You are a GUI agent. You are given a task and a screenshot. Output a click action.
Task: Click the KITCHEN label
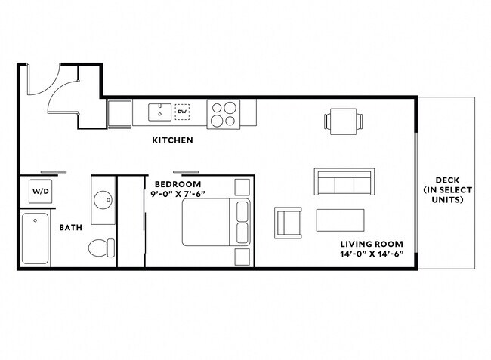(172, 140)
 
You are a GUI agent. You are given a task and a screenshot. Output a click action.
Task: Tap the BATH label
(71, 226)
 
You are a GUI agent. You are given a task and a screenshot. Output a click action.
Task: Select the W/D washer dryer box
(40, 191)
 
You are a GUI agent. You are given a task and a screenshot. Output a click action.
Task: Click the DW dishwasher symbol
(182, 112)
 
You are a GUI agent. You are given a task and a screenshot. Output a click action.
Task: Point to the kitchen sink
(159, 112)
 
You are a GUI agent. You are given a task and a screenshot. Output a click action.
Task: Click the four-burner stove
(223, 113)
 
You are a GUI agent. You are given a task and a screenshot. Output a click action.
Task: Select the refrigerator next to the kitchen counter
(119, 114)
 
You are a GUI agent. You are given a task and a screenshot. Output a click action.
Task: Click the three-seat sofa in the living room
(344, 183)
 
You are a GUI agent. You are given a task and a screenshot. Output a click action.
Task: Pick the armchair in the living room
(288, 222)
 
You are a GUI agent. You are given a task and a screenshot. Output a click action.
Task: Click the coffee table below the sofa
(340, 220)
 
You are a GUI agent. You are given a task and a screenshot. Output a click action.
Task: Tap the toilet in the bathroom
(100, 247)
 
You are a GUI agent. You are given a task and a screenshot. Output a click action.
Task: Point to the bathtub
(35, 240)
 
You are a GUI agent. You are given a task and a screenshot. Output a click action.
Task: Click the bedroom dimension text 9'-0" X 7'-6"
(178, 195)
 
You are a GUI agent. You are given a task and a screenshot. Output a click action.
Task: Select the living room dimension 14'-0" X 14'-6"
(371, 254)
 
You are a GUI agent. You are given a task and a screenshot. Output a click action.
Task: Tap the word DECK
(443, 180)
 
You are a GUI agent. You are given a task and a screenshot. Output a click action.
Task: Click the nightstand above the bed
(242, 186)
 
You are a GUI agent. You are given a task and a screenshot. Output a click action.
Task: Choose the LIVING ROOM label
(371, 243)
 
